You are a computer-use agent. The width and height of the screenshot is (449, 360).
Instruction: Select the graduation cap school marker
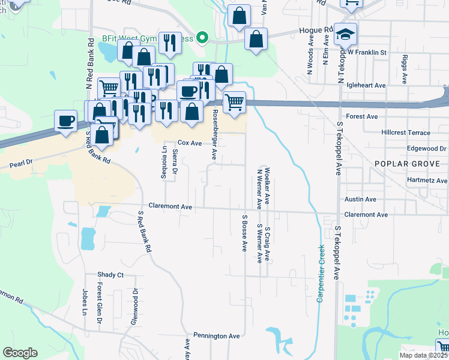tap(345, 34)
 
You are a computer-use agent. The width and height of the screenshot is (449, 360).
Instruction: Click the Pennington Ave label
tap(216, 335)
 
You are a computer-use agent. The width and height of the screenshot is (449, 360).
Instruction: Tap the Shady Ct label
tap(110, 275)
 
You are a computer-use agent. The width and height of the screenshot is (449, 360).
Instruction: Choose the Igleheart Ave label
tap(363, 86)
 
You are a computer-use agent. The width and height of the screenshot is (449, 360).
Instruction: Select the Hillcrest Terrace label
tap(405, 133)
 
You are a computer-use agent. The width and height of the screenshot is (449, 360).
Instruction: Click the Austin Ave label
tap(360, 199)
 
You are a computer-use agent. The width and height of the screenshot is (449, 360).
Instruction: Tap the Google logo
tap(20, 353)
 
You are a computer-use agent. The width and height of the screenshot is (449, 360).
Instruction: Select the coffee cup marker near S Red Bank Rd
tap(65, 121)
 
